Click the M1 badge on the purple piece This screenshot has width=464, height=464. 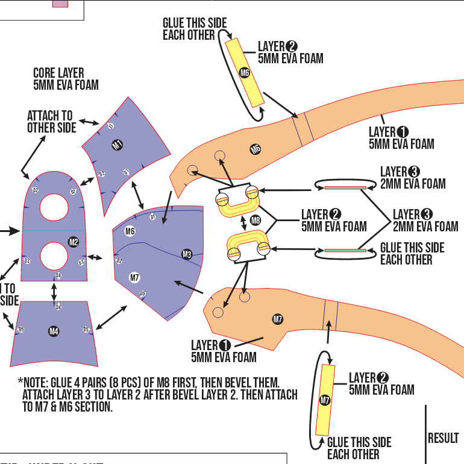(117, 145)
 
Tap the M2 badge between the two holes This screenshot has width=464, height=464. (74, 242)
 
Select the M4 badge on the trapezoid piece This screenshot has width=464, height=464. (54, 331)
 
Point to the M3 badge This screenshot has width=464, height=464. (187, 254)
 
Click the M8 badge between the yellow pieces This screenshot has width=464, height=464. (256, 220)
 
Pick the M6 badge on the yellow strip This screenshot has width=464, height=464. (245, 73)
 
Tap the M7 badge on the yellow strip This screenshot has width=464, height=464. (325, 400)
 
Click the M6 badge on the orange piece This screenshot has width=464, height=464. (256, 149)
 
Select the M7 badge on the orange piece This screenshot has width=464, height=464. (278, 319)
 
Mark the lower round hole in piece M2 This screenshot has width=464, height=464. (54, 255)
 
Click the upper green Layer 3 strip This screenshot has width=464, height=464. (345, 188)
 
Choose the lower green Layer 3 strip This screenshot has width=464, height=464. (345, 250)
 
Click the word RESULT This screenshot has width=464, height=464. (443, 438)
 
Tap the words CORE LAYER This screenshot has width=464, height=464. (58, 74)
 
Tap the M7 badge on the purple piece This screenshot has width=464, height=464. (135, 277)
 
